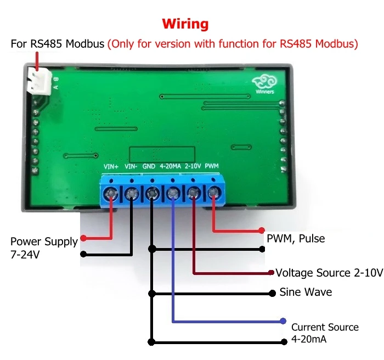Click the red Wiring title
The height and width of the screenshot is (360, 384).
[185, 24]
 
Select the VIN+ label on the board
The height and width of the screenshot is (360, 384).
[111, 166]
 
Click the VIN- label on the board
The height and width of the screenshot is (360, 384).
[132, 166]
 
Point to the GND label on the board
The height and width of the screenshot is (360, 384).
[149, 166]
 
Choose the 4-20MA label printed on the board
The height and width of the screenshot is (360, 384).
[170, 166]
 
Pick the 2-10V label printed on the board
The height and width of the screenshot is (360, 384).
[193, 166]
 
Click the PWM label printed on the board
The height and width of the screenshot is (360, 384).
[212, 166]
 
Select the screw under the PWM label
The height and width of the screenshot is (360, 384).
[212, 193]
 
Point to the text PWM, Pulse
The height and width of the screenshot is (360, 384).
[296, 239]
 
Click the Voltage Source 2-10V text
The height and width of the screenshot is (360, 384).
[329, 273]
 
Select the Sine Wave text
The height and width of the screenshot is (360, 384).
[306, 292]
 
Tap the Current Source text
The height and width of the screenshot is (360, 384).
[325, 327]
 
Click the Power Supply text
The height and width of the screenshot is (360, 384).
[44, 241]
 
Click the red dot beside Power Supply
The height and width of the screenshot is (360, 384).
[83, 238]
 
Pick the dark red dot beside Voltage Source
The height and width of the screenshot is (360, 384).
[271, 273]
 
